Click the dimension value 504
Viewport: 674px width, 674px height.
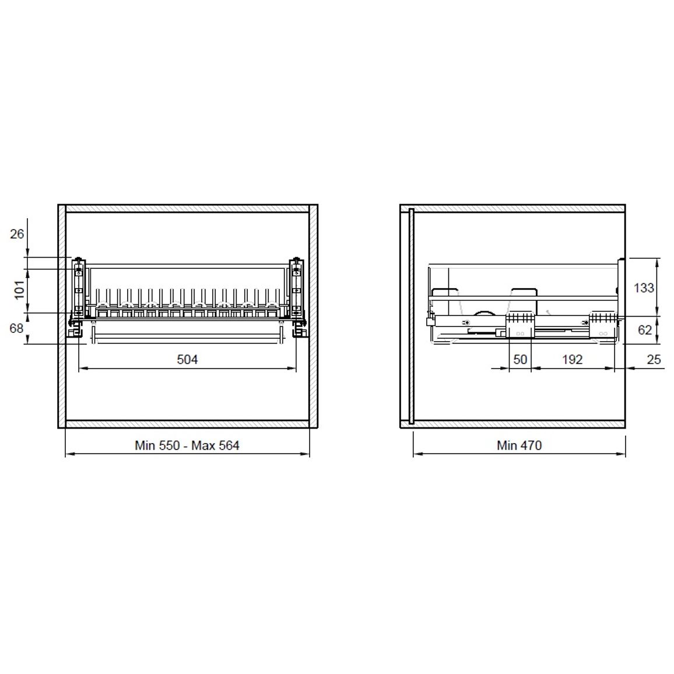click(187, 359)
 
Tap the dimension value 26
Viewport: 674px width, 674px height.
click(17, 234)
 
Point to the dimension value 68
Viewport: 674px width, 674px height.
click(16, 328)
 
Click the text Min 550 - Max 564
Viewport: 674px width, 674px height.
click(187, 445)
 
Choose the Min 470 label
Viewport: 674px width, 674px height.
click(519, 445)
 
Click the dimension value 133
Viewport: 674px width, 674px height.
click(644, 287)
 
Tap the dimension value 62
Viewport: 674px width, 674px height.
click(645, 329)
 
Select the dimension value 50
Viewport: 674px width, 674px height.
click(520, 359)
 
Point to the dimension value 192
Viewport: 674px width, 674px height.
click(572, 359)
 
